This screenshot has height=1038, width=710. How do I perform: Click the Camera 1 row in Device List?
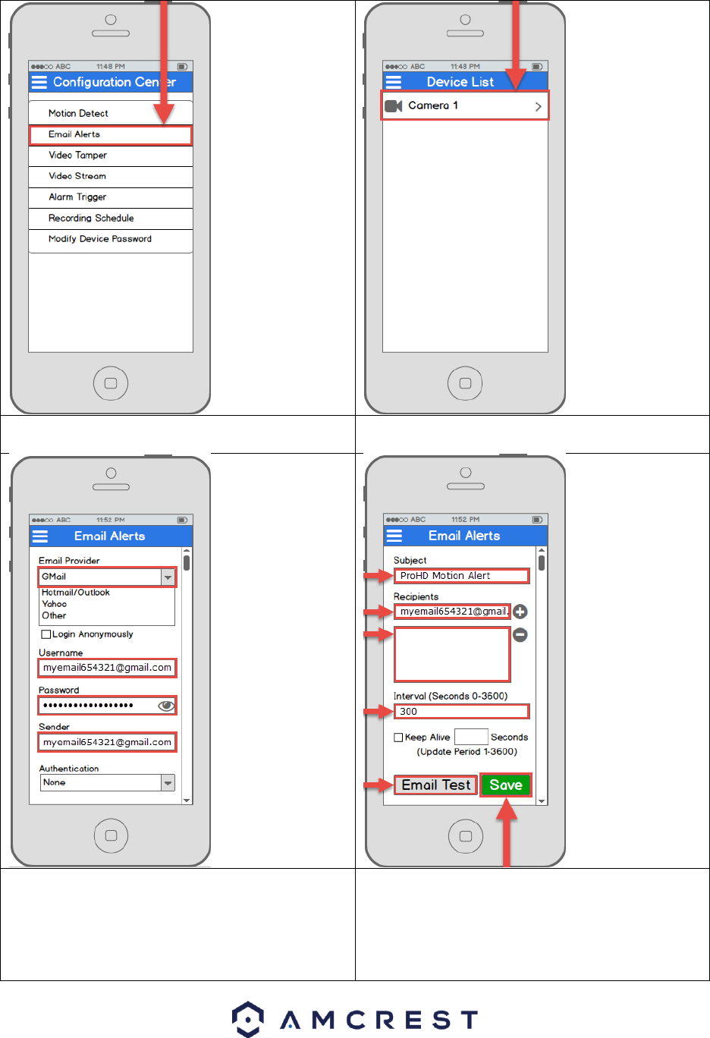tap(464, 106)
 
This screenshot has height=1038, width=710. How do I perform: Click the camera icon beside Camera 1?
tap(393, 106)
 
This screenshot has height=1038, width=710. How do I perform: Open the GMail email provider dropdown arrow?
tap(168, 577)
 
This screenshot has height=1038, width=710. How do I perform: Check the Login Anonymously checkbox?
tap(46, 634)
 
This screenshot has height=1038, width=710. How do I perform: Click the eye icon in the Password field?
tap(166, 706)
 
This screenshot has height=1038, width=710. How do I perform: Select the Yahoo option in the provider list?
tap(55, 604)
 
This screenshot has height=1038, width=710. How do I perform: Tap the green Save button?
tap(506, 785)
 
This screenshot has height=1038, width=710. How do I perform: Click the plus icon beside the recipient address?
tap(520, 612)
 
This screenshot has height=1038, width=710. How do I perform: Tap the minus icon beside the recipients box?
tap(520, 634)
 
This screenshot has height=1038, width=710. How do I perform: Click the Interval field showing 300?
tap(461, 712)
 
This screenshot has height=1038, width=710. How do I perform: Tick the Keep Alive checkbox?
tap(398, 738)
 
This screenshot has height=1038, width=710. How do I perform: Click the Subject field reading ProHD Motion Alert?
tap(461, 576)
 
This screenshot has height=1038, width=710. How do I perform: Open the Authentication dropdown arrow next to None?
tap(168, 782)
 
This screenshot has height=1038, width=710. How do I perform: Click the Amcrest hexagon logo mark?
tap(248, 1019)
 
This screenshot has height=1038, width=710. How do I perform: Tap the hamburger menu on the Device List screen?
tap(394, 82)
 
